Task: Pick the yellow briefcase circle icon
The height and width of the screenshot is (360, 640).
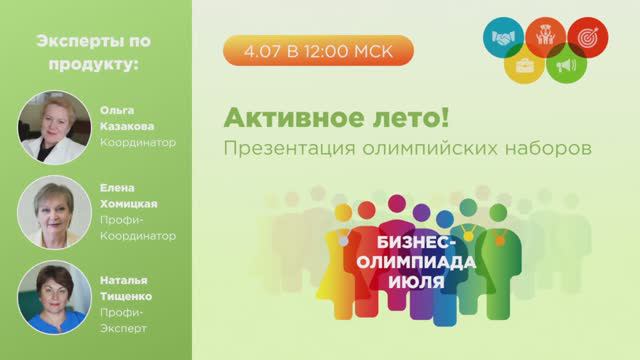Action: tap(523, 67)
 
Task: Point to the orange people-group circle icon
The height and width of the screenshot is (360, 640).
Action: tap(543, 36)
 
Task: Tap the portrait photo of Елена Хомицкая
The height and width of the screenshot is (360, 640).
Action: tap(49, 213)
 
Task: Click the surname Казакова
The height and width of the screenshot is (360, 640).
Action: tap(125, 125)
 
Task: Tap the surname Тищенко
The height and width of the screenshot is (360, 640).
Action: tap(127, 291)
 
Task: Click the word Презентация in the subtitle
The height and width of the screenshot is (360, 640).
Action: tap(279, 146)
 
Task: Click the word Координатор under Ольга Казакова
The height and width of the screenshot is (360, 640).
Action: tap(138, 142)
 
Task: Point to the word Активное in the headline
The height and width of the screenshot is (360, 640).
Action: tap(285, 119)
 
